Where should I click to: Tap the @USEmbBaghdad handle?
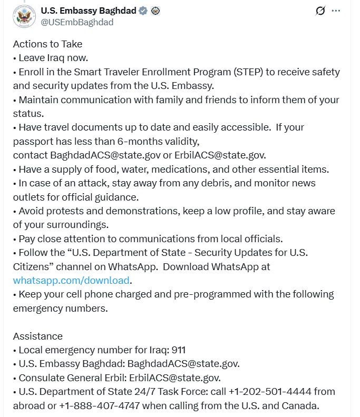(x=77, y=22)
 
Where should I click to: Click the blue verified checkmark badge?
(x=143, y=11)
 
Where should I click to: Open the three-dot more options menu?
(x=336, y=11)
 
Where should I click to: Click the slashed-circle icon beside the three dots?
(x=319, y=11)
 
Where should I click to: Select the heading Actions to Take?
(x=47, y=44)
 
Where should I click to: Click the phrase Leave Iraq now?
(x=53, y=58)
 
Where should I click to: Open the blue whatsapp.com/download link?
(x=71, y=280)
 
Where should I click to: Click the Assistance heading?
(x=38, y=336)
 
